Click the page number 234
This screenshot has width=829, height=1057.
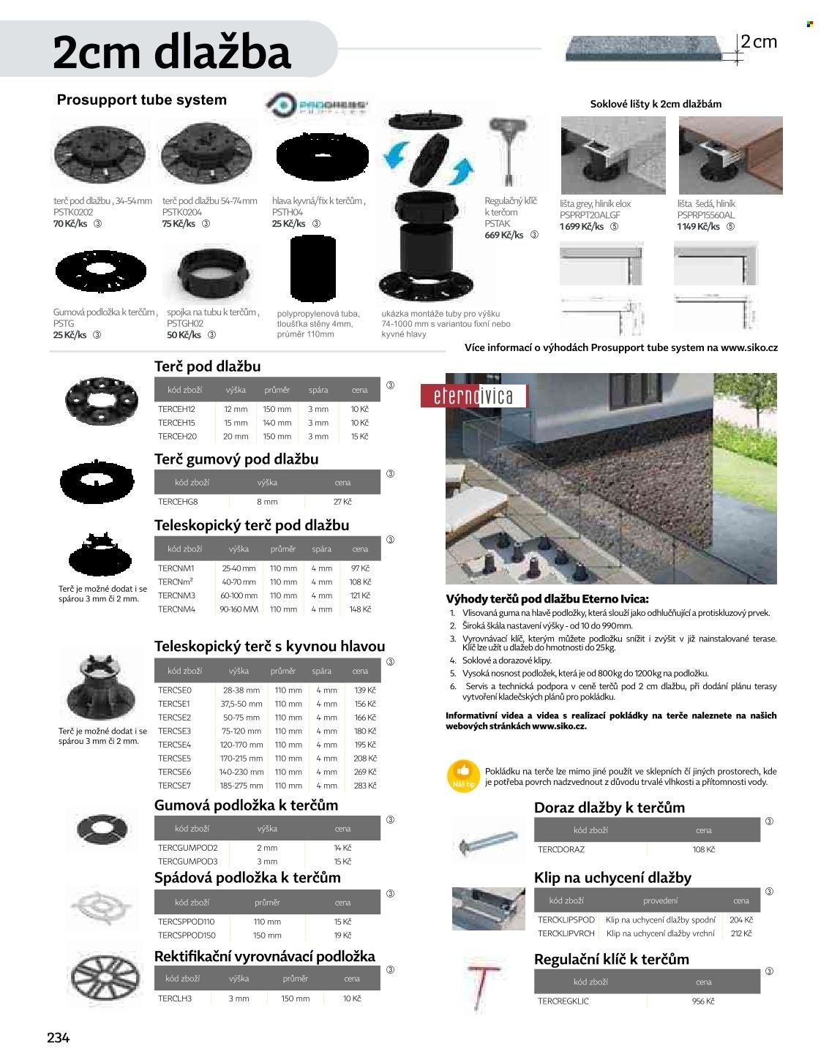58,1037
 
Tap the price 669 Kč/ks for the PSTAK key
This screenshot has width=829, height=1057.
504,236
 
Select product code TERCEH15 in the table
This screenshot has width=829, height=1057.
176,423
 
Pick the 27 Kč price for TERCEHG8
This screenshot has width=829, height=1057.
342,502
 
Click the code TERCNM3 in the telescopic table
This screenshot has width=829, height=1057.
176,595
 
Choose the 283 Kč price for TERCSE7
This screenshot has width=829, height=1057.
364,786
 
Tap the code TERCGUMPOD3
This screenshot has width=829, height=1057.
188,861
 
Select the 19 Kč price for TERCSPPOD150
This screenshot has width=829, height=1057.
342,935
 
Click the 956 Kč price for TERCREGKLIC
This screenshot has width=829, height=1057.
703,1001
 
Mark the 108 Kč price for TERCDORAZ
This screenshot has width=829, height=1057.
703,850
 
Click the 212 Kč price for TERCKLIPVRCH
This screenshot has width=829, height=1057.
741,933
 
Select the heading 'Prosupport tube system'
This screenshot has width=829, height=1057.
142,100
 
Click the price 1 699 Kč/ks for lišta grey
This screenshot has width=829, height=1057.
582,227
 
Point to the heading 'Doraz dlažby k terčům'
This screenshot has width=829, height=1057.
609,808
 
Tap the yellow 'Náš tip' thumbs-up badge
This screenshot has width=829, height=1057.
463,775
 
